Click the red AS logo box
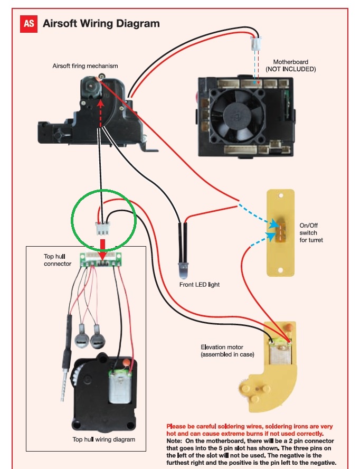coord(29,24)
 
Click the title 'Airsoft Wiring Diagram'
coord(101,24)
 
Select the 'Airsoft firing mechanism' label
coord(86,66)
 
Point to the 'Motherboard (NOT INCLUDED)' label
coord(290,65)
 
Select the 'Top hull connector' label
coord(58,260)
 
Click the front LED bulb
coord(183,270)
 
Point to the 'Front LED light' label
coord(199,285)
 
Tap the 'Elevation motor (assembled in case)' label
coord(227,351)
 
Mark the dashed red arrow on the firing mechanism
coord(99,111)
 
